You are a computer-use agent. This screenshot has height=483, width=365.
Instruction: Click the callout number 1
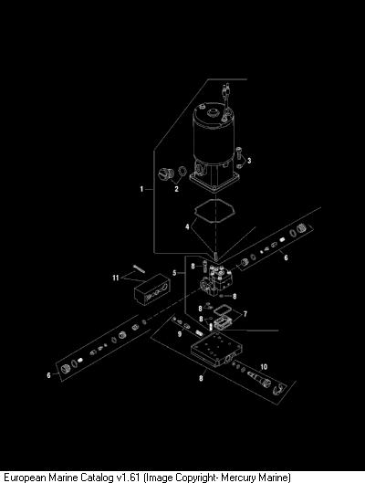click(x=141, y=189)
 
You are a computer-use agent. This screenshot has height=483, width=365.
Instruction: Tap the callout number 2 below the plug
click(x=176, y=189)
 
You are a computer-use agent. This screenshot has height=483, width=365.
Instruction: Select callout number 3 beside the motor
click(x=249, y=161)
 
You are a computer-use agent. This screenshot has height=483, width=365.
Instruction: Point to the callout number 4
click(x=187, y=227)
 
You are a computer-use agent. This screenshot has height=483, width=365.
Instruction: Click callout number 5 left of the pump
click(x=174, y=273)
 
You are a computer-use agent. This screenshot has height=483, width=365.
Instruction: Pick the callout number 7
click(x=245, y=314)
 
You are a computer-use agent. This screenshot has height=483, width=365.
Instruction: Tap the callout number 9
click(x=180, y=334)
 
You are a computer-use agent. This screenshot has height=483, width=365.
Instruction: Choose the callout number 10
click(x=264, y=367)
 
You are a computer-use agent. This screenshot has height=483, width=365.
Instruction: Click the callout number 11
click(x=116, y=278)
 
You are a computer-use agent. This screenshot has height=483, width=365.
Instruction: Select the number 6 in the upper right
click(x=286, y=257)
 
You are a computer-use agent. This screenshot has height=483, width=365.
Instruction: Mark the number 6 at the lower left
click(x=48, y=375)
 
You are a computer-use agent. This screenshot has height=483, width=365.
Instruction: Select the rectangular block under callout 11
click(x=152, y=289)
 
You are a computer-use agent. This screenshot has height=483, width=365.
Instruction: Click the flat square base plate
click(x=216, y=349)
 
